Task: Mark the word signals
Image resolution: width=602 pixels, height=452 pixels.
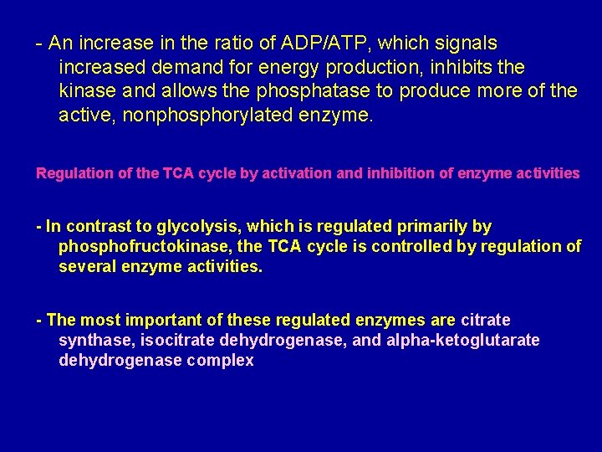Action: (x=464, y=43)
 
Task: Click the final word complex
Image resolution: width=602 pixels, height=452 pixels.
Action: (x=218, y=362)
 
